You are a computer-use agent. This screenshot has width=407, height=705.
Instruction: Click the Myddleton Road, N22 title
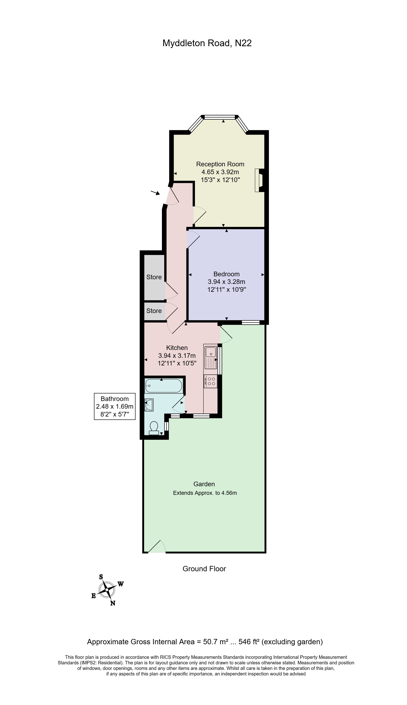tap(207, 43)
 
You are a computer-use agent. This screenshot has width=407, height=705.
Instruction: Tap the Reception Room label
tap(220, 164)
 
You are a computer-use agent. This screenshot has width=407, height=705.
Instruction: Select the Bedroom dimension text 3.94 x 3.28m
tap(226, 282)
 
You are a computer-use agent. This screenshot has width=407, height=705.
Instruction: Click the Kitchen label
tap(177, 348)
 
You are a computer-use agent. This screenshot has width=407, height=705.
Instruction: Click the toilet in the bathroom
tap(154, 428)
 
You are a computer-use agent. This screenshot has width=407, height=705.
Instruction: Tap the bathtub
tap(164, 386)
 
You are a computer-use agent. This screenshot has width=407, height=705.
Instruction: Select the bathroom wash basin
tap(149, 405)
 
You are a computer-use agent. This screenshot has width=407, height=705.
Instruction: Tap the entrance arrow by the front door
tap(155, 193)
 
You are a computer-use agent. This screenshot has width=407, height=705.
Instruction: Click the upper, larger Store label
tap(154, 277)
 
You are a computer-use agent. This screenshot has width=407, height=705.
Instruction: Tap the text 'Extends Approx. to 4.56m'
tap(205, 493)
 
